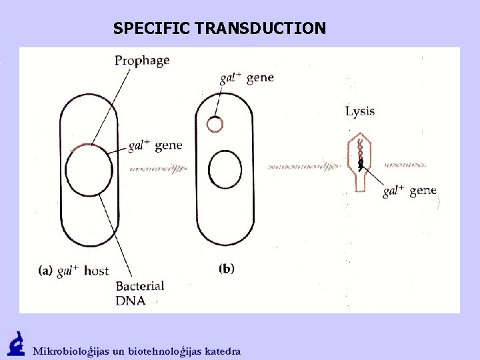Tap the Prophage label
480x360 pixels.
pos(142,61)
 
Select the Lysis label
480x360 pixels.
pos(360,111)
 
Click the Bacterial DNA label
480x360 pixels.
pos(140,293)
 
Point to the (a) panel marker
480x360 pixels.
pos(45,271)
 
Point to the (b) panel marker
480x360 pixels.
pos(227,269)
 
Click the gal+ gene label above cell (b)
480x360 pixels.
pos(247,78)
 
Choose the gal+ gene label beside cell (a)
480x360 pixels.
pos(154,146)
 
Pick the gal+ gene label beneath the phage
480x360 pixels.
pos(409,191)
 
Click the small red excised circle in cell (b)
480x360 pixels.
pos(215,124)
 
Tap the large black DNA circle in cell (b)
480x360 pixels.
pos(225,169)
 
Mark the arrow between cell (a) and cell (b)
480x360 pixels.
pos(157,169)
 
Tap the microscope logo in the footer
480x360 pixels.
pos(15,343)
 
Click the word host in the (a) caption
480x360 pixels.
pos(96,271)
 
